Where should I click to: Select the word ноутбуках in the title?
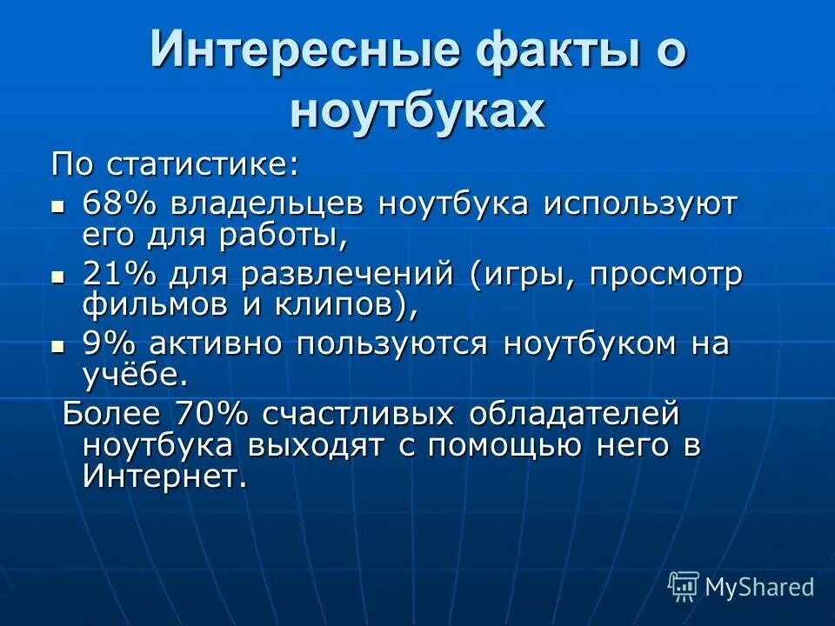tap(418, 110)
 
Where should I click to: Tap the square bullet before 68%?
tap(58, 207)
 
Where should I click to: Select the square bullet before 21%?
tap(58, 276)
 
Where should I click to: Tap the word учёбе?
tap(134, 374)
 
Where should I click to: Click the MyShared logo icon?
tap(684, 586)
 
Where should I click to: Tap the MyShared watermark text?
tap(758, 587)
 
